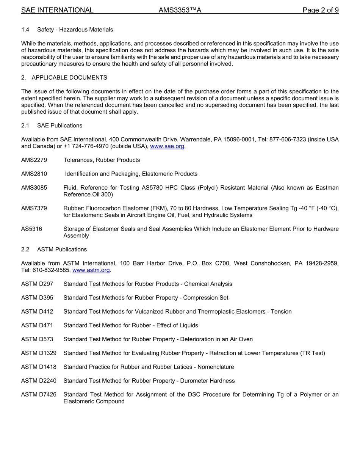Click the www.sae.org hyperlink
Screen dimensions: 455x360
[167, 146]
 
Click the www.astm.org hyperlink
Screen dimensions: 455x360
[91, 270]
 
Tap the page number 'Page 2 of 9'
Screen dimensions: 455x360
[320, 10]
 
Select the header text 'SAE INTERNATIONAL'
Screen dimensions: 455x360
[57, 10]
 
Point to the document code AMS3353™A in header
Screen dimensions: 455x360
[180, 10]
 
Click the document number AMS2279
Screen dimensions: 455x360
[34, 160]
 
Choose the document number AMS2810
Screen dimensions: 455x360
[34, 174]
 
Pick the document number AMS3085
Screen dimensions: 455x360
[34, 188]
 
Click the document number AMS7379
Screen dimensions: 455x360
[34, 208]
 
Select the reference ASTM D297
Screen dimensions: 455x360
[37, 284]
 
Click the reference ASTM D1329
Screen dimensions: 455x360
[39, 353]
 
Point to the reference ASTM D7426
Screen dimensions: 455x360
[39, 394]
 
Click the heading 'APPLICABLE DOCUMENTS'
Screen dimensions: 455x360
[69, 77]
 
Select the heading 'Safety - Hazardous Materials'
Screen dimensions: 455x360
[75, 30]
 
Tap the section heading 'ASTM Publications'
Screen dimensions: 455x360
[62, 249]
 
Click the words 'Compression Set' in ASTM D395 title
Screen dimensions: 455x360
[206, 298]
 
